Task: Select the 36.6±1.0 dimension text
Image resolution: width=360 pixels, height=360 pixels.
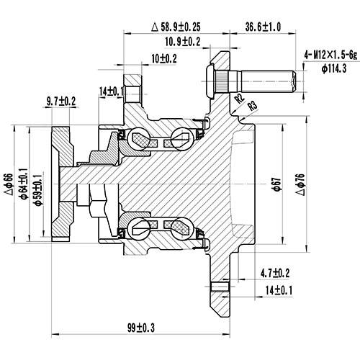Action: click(263, 27)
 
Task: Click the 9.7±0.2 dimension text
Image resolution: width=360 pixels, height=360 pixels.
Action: click(61, 102)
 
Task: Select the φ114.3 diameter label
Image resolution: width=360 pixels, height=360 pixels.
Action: click(336, 69)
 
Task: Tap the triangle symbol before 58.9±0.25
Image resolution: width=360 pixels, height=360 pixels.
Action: click(155, 27)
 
